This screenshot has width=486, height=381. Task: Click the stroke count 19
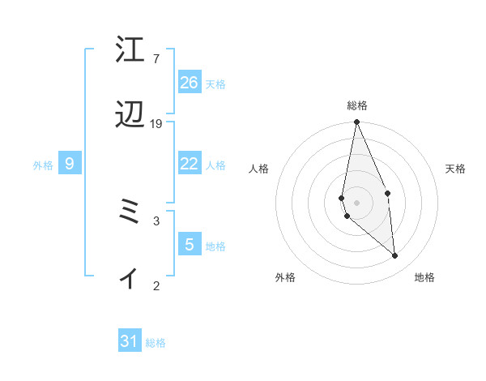point(156,124)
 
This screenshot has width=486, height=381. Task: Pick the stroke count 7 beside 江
point(156,59)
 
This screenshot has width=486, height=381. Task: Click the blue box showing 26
point(190,83)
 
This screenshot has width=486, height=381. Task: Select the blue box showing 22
point(190,164)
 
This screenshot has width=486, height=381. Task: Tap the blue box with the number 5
point(190,244)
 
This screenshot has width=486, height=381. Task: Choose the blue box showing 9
point(70,164)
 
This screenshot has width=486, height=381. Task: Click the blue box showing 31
point(130,341)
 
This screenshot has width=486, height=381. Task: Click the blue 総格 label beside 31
point(156,343)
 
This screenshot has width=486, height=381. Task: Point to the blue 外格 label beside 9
point(43,165)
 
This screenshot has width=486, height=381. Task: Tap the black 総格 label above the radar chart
point(356,106)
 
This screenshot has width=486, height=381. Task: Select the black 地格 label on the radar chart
point(424,278)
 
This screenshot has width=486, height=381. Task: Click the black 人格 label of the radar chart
point(259,169)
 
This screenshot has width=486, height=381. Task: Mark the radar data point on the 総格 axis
point(356,122)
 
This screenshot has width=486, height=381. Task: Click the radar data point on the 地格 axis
point(395,256)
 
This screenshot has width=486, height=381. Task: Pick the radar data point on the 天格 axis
point(388,193)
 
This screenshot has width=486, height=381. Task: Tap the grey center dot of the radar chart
point(356,203)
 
